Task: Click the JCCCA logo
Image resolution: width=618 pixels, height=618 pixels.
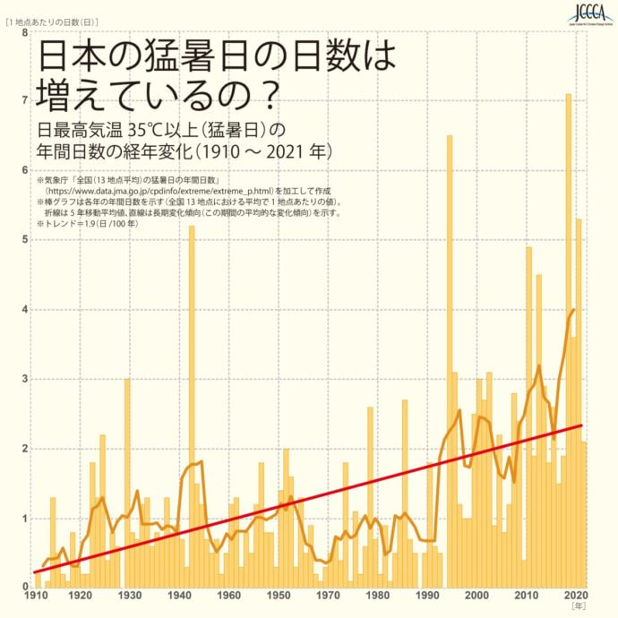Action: click(588, 14)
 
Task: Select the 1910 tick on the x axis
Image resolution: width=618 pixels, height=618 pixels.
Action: click(36, 597)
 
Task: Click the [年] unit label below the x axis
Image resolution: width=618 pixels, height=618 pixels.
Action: click(579, 606)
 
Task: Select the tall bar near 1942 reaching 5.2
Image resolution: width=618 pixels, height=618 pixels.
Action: click(192, 403)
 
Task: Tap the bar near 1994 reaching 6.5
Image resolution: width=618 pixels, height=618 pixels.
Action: click(449, 358)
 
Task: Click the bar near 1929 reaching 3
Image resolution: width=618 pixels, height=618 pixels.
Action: click(127, 484)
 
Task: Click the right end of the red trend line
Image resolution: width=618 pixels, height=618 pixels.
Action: click(582, 425)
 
